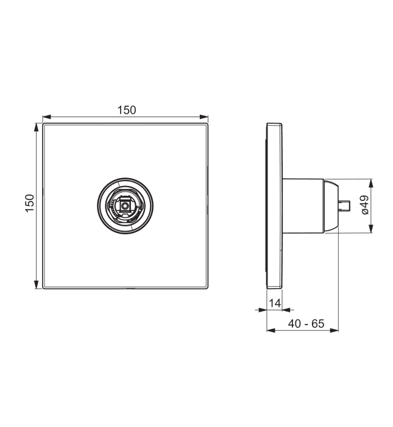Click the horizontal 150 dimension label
tap(127, 110)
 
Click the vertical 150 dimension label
tap(30, 203)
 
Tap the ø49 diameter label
tap(365, 205)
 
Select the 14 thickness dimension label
tap(275, 303)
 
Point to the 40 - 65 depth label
tap(306, 323)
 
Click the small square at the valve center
tap(125, 206)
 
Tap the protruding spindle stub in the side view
tap(344, 206)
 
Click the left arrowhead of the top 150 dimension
tap(47, 117)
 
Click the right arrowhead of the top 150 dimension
tap(204, 117)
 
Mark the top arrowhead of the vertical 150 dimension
tap(36, 127)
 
